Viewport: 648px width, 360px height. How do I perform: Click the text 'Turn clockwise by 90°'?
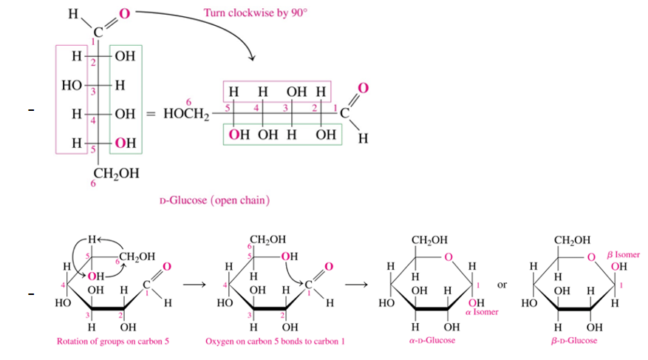pyautogui.click(x=250, y=13)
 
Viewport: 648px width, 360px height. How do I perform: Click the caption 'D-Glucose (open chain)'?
pyautogui.click(x=208, y=200)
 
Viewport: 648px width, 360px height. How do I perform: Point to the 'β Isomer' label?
pyautogui.click(x=623, y=254)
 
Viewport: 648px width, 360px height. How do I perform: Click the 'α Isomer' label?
pyautogui.click(x=482, y=312)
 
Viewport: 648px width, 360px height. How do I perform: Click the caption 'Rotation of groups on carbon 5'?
pyautogui.click(x=106, y=342)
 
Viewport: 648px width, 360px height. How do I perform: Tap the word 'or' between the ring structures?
pyautogui.click(x=502, y=285)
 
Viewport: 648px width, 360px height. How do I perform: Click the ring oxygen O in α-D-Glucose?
pyautogui.click(x=449, y=257)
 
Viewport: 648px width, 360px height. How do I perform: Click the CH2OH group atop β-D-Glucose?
pyautogui.click(x=572, y=240)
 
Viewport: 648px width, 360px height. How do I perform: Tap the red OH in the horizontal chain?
pyautogui.click(x=239, y=136)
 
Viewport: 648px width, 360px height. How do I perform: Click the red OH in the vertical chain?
pyautogui.click(x=126, y=143)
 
